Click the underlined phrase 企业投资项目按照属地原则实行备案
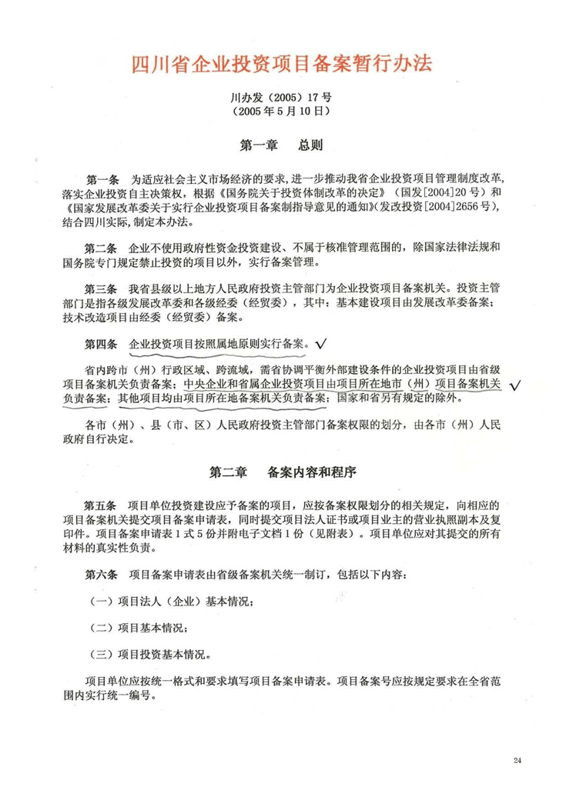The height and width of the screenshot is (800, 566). (x=219, y=344)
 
